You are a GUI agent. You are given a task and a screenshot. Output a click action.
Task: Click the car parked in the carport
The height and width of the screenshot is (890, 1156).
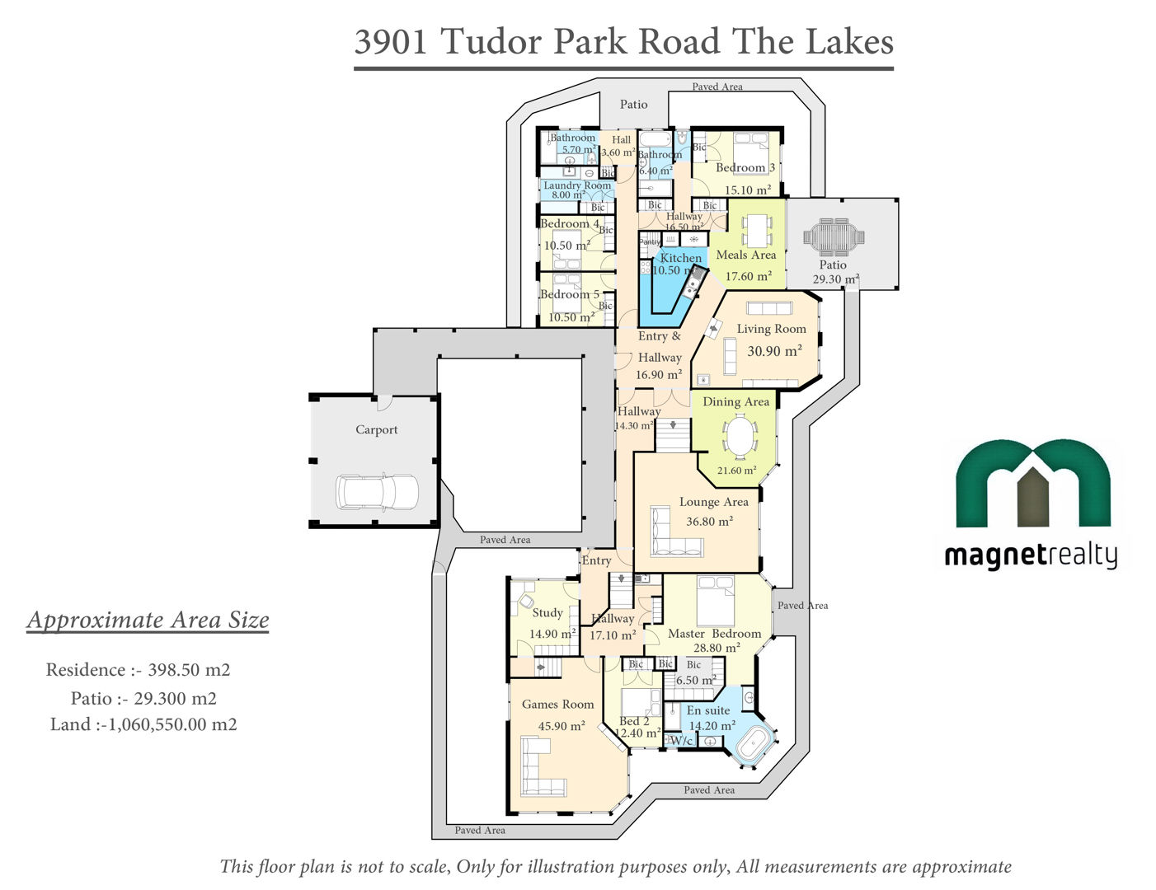[x=377, y=491]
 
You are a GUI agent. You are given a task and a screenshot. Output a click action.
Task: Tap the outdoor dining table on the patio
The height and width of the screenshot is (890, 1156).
[x=834, y=237]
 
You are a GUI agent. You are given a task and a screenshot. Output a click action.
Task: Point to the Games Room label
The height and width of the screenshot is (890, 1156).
[x=557, y=704]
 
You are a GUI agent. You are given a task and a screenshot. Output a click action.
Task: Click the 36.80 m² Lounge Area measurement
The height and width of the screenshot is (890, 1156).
[x=709, y=521]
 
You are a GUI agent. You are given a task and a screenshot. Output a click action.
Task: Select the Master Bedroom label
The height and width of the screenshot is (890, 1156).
[x=714, y=633]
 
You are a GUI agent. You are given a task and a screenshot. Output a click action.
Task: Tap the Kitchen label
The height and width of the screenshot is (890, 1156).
[x=680, y=258]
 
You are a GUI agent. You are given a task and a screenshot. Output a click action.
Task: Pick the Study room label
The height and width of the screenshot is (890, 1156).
[x=547, y=613]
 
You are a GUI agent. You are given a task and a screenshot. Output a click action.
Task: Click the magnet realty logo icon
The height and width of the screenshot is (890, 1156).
[x=1032, y=483]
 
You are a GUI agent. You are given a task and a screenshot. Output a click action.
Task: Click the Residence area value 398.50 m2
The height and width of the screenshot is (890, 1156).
[x=189, y=670]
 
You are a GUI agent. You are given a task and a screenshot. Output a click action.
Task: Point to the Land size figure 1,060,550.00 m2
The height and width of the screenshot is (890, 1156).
[x=172, y=724]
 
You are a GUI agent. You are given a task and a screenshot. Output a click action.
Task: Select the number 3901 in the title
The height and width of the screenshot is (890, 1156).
[x=391, y=41]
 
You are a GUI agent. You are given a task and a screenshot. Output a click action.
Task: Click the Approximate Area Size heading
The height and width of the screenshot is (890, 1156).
[x=148, y=620]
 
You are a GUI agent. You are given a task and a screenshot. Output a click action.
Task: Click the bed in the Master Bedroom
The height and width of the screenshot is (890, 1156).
[x=716, y=600]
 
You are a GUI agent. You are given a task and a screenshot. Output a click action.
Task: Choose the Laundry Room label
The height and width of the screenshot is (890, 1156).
[x=577, y=185]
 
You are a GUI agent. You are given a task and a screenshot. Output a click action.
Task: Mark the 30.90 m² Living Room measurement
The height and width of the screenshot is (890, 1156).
[x=774, y=351]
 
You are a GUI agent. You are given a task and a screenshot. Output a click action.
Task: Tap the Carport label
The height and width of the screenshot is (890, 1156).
[x=377, y=429]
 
